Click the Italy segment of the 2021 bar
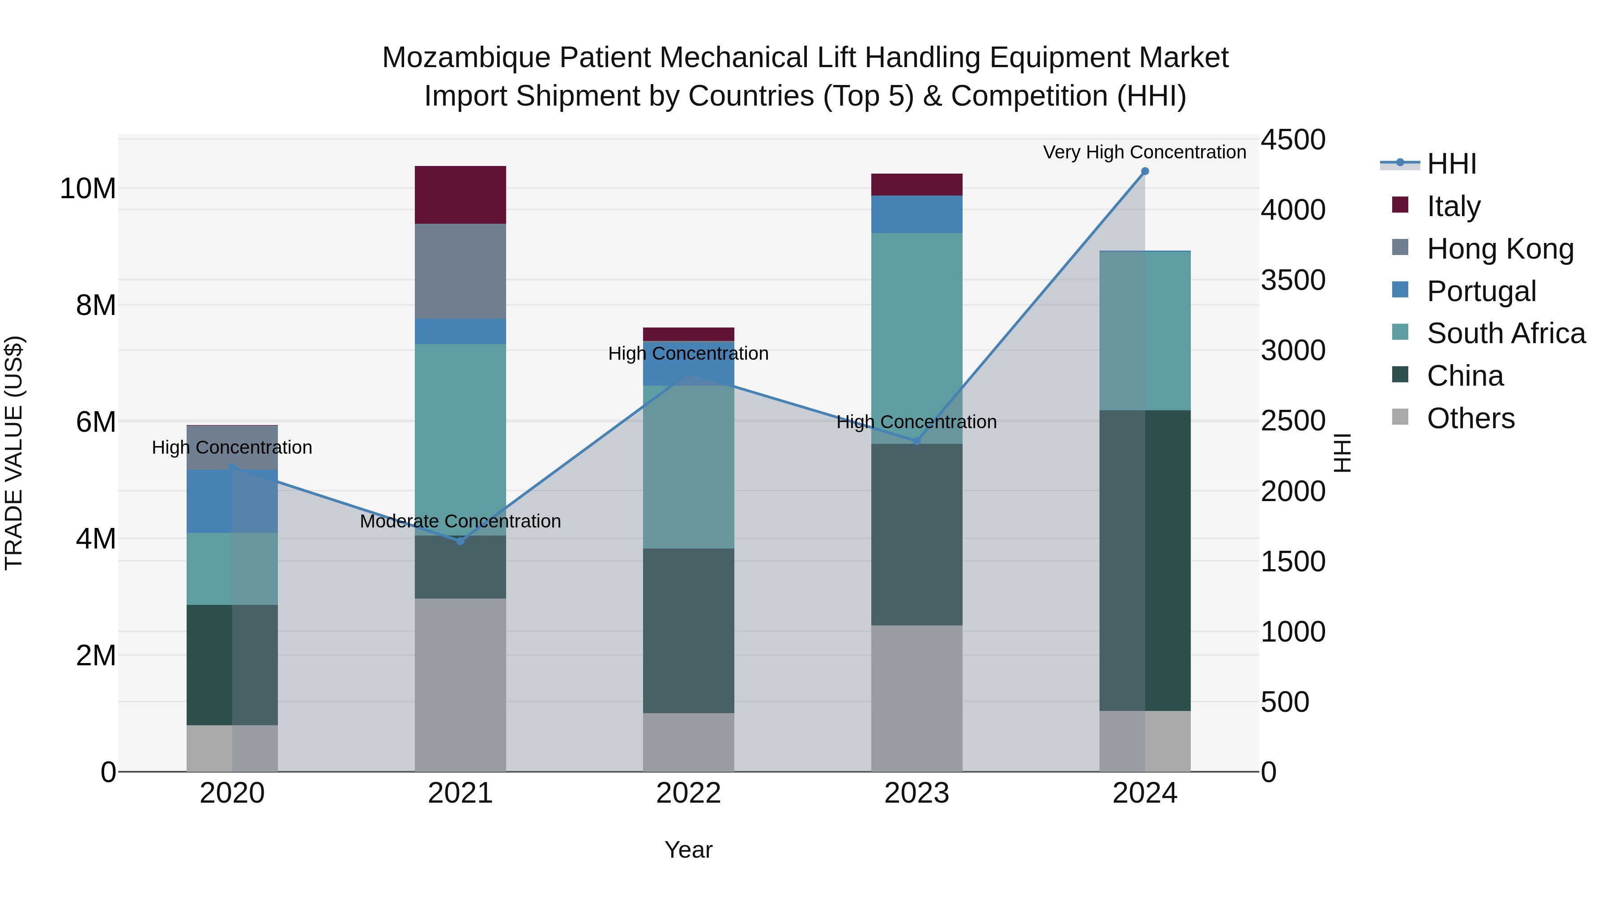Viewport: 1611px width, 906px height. pos(460,195)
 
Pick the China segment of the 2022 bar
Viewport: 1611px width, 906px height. pos(689,630)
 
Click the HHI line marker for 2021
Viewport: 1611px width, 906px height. pos(460,541)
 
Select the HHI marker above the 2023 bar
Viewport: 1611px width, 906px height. pos(917,441)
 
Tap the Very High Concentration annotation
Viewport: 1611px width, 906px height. pos(1144,152)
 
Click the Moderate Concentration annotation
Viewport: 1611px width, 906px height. pos(460,521)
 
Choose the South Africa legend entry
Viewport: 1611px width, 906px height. pos(1505,333)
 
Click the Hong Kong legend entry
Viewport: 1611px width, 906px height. pos(1500,249)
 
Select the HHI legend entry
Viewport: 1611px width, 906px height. pos(1451,164)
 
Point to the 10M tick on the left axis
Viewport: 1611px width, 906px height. pos(88,188)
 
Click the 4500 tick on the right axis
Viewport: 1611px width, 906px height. pos(1292,140)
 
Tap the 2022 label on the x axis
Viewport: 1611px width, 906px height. pos(689,793)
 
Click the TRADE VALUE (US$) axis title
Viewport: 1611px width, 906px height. pos(14,453)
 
